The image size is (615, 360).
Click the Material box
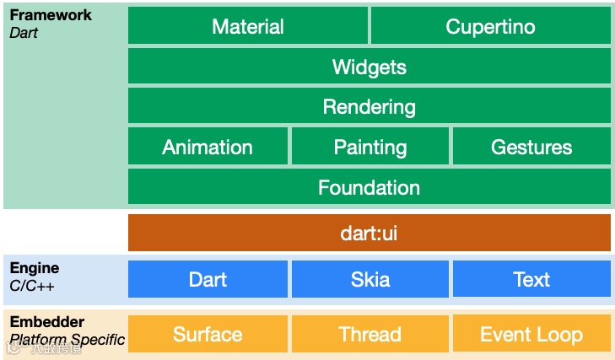click(248, 26)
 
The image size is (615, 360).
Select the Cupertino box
click(490, 26)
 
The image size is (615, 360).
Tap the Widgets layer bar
click(369, 67)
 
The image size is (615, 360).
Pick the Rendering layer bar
click(369, 107)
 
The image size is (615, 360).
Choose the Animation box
click(208, 148)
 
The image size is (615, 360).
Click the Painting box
click(370, 148)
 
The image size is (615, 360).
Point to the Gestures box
click(531, 148)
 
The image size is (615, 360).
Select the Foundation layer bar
click(369, 187)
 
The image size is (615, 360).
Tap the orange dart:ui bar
click(369, 233)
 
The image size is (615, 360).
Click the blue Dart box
click(208, 279)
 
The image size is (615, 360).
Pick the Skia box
click(370, 279)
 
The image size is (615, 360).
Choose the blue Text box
click(531, 279)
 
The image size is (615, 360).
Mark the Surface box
click(208, 334)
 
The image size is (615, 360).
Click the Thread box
click(370, 334)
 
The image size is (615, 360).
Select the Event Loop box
click(531, 334)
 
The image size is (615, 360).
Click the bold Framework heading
click(51, 15)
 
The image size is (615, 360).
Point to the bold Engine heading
click(35, 268)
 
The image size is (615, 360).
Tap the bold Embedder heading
click(47, 322)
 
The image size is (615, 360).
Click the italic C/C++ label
click(32, 286)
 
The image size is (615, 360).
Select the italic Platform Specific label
click(67, 340)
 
